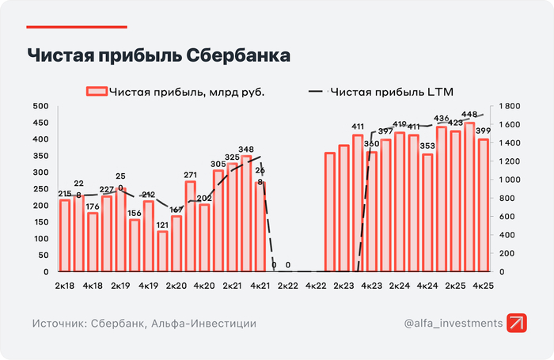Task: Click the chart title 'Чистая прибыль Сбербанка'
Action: pyautogui.click(x=158, y=56)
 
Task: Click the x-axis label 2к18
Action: pyautogui.click(x=66, y=285)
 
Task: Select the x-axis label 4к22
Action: pyautogui.click(x=316, y=285)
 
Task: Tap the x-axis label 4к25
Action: pyautogui.click(x=484, y=285)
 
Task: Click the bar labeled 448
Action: pyautogui.click(x=469, y=198)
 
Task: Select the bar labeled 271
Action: pyautogui.click(x=191, y=226)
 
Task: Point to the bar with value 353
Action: pyautogui.click(x=427, y=213)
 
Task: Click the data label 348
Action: pyautogui.click(x=246, y=149)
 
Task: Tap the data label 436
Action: pyautogui.click(x=442, y=119)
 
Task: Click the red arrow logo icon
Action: pyautogui.click(x=518, y=324)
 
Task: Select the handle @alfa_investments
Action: pyautogui.click(x=453, y=324)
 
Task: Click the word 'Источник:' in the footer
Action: pyautogui.click(x=59, y=324)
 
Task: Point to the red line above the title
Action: pyautogui.click(x=77, y=27)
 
